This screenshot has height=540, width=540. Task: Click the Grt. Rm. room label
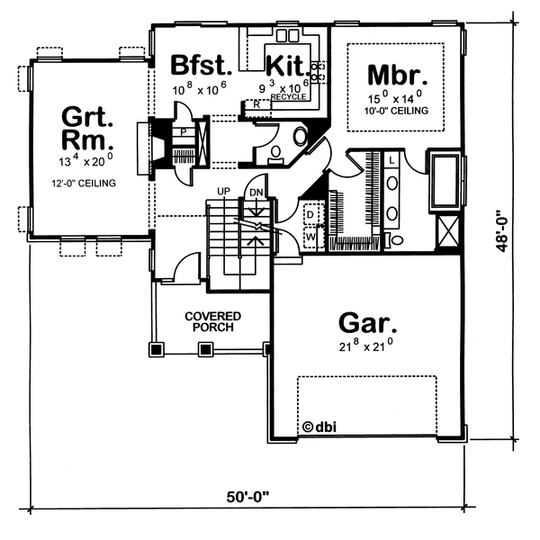87,128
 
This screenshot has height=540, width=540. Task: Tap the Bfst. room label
201,65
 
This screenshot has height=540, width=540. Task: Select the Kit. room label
287,66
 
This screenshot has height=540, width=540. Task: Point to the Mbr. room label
398,75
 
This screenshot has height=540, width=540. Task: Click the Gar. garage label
367,323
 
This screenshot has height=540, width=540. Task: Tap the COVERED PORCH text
212,321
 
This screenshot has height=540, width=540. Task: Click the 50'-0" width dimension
247,497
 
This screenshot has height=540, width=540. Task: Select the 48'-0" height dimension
502,231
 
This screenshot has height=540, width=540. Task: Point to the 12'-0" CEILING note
84,184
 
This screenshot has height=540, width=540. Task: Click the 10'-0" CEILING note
396,111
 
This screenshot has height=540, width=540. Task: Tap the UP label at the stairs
223,191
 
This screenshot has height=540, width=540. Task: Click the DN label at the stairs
256,193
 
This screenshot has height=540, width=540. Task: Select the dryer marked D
314,215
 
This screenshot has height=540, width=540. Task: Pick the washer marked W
314,238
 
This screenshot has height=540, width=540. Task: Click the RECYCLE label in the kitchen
289,97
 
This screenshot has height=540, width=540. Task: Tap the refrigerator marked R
257,104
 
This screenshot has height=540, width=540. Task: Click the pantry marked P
184,132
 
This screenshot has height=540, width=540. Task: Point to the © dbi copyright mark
319,427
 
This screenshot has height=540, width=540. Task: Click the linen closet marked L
391,160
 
